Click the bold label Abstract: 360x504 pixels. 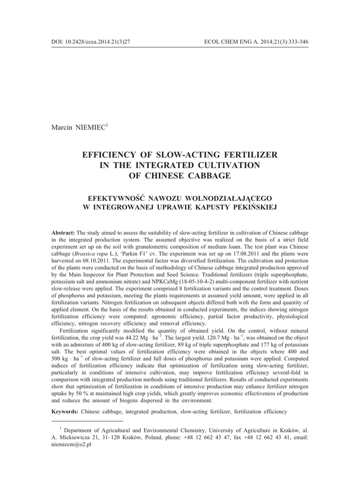click(x=63, y=232)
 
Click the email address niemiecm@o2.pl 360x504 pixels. click(x=71, y=443)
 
